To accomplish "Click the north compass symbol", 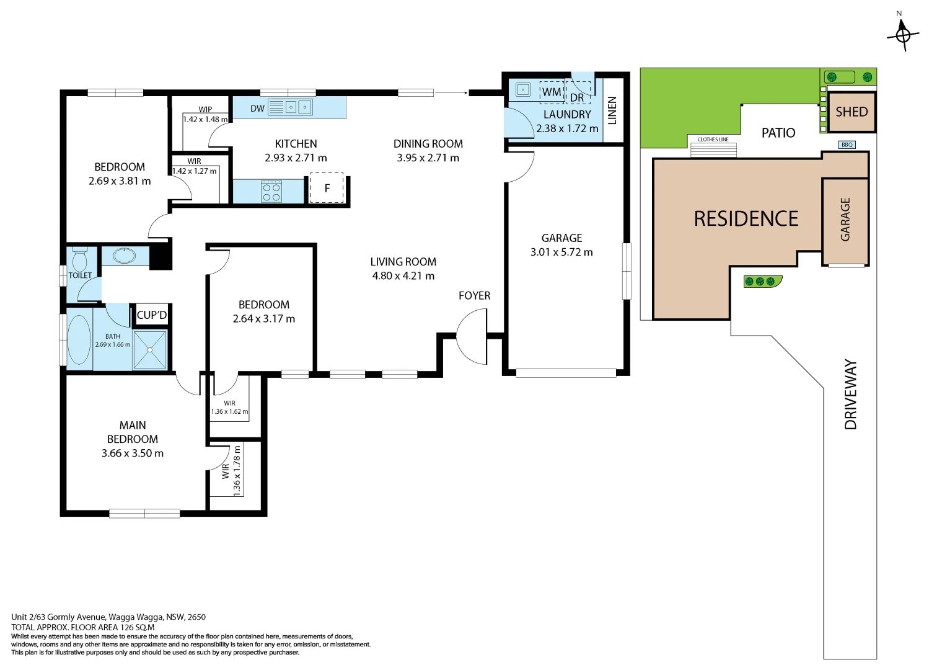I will click(x=902, y=33).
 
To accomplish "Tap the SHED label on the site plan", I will click(x=851, y=112).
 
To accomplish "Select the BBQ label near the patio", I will click(x=847, y=145).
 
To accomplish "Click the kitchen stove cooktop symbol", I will click(x=271, y=191).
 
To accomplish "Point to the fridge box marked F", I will click(x=327, y=188).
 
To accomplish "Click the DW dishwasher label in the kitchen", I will click(x=257, y=109).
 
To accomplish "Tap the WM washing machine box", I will click(x=551, y=92).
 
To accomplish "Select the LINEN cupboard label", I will click(x=612, y=110).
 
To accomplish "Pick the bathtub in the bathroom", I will click(x=79, y=339).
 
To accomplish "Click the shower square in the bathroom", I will click(x=150, y=349).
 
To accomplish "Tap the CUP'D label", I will click(x=152, y=315).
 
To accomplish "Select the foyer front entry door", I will click(x=472, y=336).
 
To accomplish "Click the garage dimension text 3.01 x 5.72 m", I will click(x=561, y=252).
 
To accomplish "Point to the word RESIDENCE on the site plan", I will click(x=746, y=219).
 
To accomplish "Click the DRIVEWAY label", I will click(x=851, y=395).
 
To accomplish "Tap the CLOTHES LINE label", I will click(x=713, y=140).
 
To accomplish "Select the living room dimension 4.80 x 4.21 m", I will click(x=403, y=276).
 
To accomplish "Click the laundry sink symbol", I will click(x=523, y=90).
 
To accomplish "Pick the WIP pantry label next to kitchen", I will click(x=205, y=109).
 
